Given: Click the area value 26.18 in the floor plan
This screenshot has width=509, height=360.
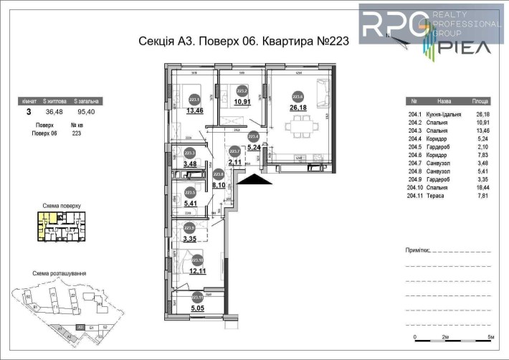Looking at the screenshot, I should pos(297,108).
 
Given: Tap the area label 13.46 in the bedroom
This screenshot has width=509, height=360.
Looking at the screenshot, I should pos(195,111).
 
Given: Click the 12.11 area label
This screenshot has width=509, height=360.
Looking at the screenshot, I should pos(197,272).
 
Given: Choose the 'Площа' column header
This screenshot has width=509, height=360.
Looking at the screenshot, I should pos(480,102).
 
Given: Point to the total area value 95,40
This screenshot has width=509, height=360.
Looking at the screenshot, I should pos(88,112).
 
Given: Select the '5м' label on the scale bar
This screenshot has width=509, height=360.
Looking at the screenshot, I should pos(490,336).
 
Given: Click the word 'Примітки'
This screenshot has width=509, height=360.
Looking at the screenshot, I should pos(419,251).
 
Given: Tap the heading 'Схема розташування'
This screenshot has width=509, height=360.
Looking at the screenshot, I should pos(60,273).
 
